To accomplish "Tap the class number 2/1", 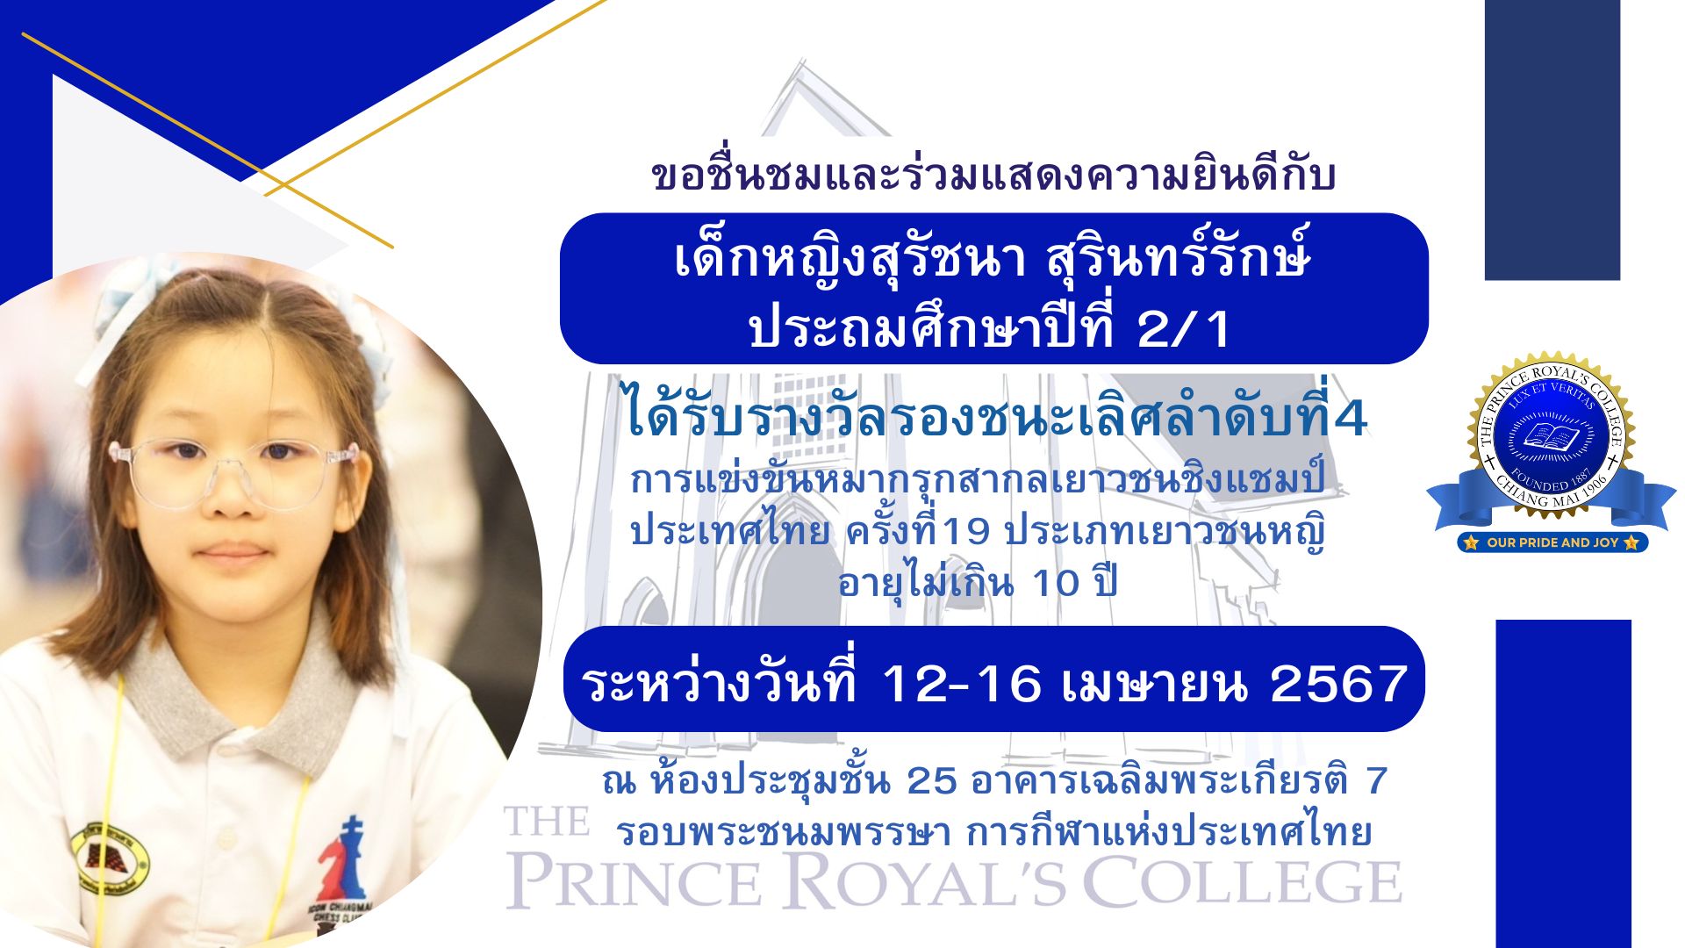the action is coord(1184,329).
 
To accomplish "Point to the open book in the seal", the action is coord(1551,436).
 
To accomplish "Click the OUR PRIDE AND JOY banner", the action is coord(1552,542).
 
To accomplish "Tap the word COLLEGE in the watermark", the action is coord(1243,881).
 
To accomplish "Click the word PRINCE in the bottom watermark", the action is coord(634,881).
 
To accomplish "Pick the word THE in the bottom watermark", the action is coord(546,822).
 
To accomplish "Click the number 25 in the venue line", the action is coord(931,780).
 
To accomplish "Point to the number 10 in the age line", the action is coord(1056,584).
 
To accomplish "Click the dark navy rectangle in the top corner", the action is coord(1552,140).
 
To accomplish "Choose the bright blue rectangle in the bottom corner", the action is coord(1564,784).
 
